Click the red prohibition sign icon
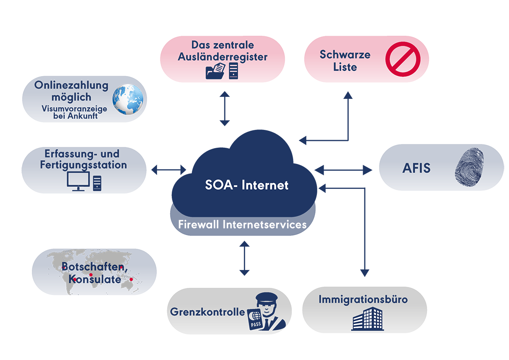403,59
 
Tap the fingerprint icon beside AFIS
469,167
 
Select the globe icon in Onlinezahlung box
128,99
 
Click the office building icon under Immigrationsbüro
367,319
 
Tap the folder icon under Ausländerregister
215,71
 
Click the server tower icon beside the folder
233,71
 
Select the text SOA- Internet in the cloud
247,185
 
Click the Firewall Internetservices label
242,225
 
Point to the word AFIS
416,168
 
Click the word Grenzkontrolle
207,312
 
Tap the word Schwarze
345,55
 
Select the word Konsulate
95,279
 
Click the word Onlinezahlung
71,85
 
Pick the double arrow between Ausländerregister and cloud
224,109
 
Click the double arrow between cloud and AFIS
343,170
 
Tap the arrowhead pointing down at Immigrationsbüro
365,273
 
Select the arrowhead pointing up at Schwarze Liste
348,95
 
